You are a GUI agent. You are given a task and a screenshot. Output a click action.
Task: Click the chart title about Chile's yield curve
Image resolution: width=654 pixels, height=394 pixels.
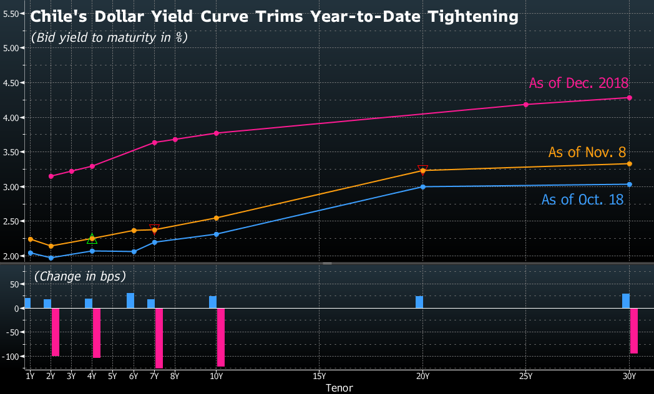[x=275, y=17]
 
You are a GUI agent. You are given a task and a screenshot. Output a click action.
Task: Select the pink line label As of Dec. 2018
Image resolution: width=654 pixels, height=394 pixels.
[x=578, y=83]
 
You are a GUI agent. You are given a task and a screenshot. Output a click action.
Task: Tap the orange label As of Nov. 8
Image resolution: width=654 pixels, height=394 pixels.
[x=587, y=152]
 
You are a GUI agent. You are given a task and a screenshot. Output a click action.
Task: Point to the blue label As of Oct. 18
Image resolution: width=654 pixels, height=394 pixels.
[x=582, y=199]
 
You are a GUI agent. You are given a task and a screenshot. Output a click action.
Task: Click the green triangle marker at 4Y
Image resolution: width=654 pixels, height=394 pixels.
[x=92, y=239]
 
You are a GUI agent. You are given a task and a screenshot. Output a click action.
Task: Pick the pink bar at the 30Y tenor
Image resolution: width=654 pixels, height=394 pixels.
[x=634, y=331]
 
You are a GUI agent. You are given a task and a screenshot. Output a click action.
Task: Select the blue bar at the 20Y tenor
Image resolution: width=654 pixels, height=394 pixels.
[x=419, y=302]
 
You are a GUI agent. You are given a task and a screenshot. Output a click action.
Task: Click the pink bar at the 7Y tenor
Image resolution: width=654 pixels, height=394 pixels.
[x=159, y=339]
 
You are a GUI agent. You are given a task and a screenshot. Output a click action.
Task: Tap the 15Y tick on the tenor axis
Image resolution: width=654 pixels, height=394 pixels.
[x=319, y=376]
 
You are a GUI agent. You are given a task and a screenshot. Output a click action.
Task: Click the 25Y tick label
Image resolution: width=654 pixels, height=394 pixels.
[x=525, y=376]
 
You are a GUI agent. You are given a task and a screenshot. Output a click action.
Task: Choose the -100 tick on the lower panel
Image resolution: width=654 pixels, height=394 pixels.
[x=12, y=356]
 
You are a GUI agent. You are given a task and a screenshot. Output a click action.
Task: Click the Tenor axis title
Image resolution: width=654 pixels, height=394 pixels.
[x=339, y=388]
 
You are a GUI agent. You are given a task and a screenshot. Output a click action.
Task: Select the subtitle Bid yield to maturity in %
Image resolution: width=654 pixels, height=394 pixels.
[x=109, y=37]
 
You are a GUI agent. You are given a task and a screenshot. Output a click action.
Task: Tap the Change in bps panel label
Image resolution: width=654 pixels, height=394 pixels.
[x=80, y=275]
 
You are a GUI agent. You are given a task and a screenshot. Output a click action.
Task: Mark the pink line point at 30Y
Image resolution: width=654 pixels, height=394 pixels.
[x=629, y=98]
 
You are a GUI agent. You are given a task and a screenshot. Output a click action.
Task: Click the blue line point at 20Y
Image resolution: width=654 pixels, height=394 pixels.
[x=422, y=186]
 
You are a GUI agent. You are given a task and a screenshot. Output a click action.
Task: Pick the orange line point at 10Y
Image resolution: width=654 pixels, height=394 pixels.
[x=216, y=218]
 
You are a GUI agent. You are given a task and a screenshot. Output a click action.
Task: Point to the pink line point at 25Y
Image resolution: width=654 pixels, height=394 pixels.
[x=525, y=104]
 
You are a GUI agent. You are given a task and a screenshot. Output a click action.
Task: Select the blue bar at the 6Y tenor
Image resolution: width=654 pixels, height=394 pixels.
[x=130, y=300]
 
